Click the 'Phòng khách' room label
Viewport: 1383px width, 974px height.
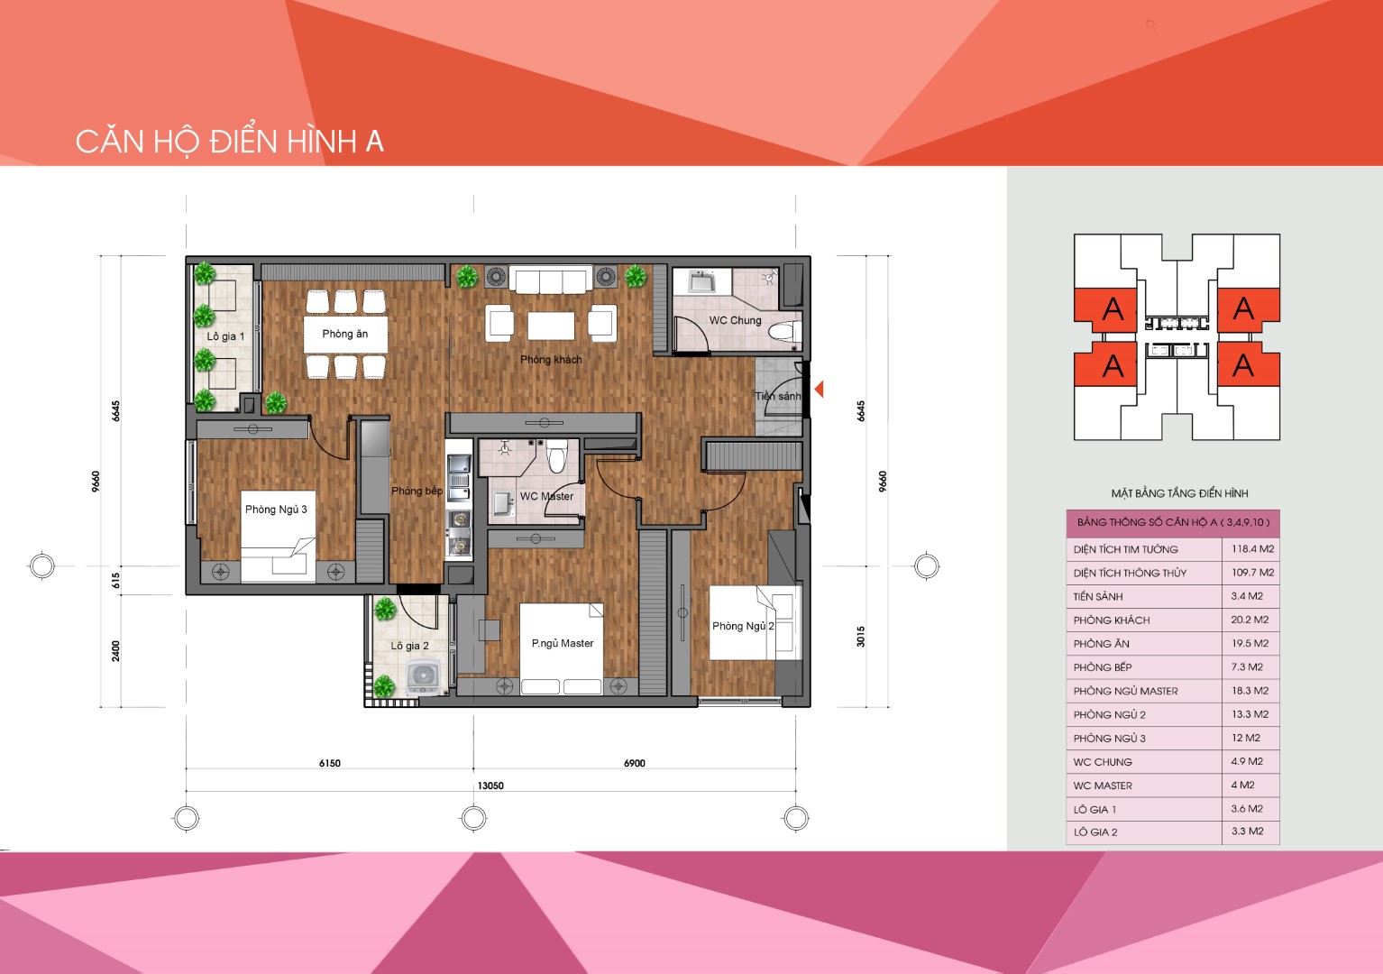click(x=551, y=360)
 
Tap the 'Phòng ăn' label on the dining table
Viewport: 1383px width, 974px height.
click(x=345, y=334)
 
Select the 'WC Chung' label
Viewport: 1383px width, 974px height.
click(x=735, y=320)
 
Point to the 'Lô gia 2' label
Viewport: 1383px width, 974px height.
click(x=409, y=646)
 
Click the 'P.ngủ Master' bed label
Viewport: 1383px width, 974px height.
click(x=563, y=643)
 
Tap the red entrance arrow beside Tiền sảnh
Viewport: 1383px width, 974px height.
click(x=819, y=389)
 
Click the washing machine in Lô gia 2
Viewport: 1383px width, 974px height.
click(x=424, y=677)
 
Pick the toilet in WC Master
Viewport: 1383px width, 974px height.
click(x=556, y=455)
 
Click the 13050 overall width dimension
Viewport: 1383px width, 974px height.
click(x=490, y=786)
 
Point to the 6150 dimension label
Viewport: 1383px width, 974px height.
click(x=330, y=763)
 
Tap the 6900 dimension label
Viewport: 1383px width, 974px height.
click(x=634, y=763)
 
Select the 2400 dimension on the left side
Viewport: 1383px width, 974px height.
click(x=115, y=651)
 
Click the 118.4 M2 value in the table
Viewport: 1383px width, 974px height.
click(x=1253, y=548)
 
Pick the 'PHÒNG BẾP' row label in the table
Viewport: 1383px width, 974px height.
click(x=1102, y=667)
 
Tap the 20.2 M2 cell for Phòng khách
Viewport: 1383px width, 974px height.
click(x=1250, y=620)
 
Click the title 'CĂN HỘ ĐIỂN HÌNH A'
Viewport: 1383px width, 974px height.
click(x=230, y=142)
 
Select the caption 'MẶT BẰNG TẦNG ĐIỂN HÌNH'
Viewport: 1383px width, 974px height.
click(x=1179, y=493)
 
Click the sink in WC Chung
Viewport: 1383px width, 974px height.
click(x=702, y=282)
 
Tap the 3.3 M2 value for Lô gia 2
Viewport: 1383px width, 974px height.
click(x=1248, y=832)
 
